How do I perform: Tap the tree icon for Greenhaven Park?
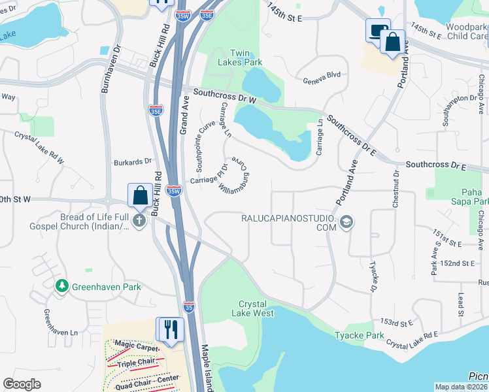click(61, 286)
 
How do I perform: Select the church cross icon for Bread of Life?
click(139, 220)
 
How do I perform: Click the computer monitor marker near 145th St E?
click(377, 31)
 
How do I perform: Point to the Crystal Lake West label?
click(256, 308)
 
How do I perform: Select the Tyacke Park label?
click(364, 335)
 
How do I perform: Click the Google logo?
click(22, 384)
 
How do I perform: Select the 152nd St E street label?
click(457, 263)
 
